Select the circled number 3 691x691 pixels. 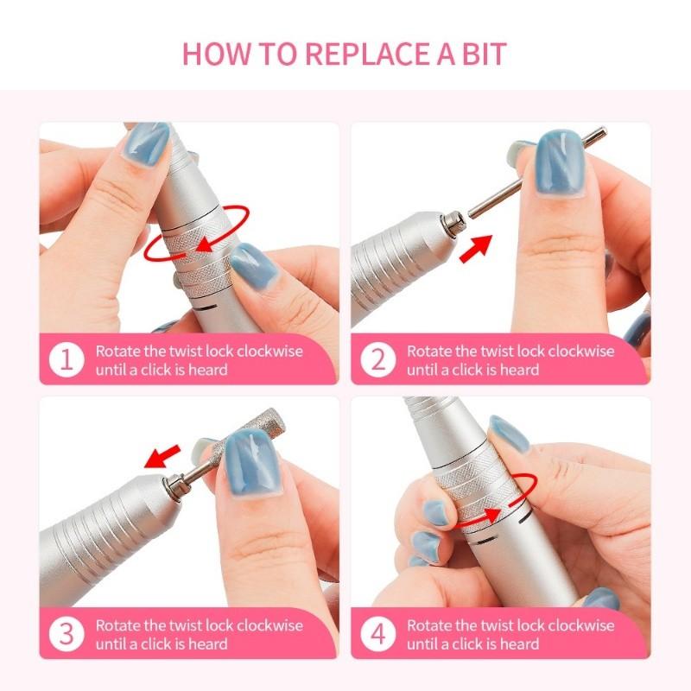tap(67, 634)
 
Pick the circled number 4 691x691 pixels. tap(378, 634)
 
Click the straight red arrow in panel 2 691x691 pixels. tap(474, 246)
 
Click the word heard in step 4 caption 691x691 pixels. tap(518, 643)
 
